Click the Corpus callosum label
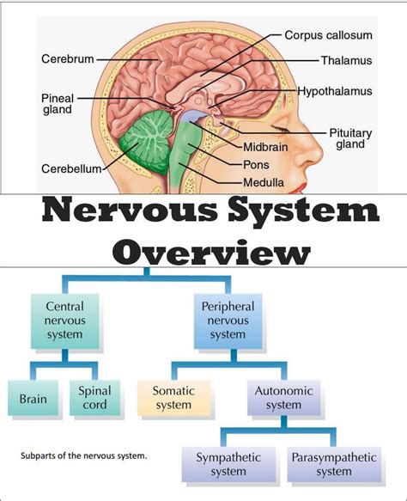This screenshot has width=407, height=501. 328,35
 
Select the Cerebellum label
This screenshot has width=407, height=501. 71,168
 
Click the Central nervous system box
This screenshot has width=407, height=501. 64,321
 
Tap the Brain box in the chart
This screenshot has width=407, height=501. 33,400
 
